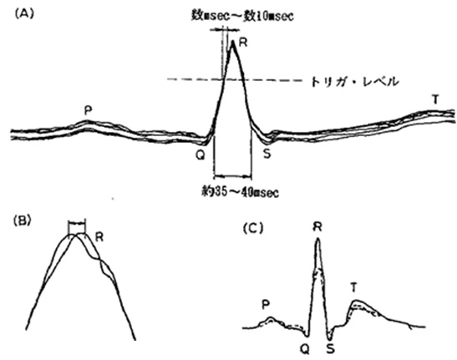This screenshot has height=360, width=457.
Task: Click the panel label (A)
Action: [x=24, y=14]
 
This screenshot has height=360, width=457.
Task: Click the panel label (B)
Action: [x=23, y=221]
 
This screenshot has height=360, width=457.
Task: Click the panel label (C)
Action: [x=253, y=229]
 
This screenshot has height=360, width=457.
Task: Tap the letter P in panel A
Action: [x=88, y=111]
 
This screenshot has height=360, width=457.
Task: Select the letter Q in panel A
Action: [x=201, y=155]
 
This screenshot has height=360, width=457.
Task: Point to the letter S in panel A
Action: [x=267, y=154]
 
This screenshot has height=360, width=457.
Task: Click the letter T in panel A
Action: [x=435, y=100]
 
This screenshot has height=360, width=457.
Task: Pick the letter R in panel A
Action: [x=243, y=43]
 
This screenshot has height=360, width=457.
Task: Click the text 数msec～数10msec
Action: [x=242, y=16]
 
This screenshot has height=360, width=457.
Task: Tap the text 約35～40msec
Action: [x=240, y=192]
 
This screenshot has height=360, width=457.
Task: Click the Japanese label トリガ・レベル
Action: [x=354, y=82]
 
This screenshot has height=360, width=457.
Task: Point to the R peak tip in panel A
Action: [x=232, y=41]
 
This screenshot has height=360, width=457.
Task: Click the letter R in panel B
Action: [x=99, y=237]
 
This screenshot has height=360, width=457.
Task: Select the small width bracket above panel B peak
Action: [x=77, y=223]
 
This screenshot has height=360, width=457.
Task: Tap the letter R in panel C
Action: [x=317, y=227]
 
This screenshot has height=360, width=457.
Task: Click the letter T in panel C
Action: [x=353, y=288]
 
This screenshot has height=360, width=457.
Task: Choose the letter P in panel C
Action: [x=265, y=305]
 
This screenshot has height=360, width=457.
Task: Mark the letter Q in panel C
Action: [x=305, y=348]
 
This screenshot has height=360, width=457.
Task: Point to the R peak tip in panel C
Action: [x=318, y=238]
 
